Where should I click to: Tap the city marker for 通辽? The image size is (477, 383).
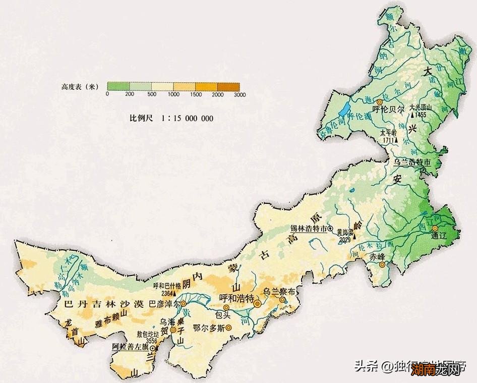[x=435, y=229]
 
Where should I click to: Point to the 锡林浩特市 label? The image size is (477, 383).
[x=309, y=228]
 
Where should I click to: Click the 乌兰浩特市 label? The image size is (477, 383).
[x=412, y=162]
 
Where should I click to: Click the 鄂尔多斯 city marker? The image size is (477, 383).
[x=228, y=328]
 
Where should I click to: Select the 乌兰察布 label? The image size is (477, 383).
[x=277, y=292]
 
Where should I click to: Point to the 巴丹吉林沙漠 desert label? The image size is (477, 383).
[x=105, y=305]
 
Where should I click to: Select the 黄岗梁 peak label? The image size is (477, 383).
[x=344, y=233]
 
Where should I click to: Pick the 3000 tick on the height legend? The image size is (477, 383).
[x=240, y=94]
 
